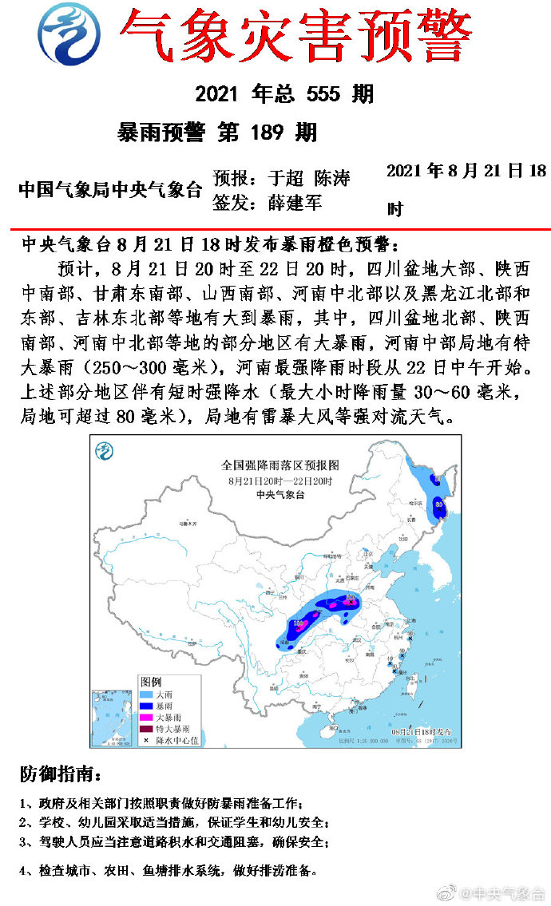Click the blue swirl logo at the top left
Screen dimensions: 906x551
coord(69,34)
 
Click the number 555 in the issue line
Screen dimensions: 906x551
coord(327,94)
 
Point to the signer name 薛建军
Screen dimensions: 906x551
coord(295,203)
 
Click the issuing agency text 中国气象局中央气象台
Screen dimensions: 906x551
coord(110,190)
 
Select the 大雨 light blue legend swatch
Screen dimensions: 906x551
coord(147,694)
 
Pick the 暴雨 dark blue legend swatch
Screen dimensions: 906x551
coord(147,706)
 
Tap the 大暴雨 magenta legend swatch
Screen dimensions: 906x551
coord(147,718)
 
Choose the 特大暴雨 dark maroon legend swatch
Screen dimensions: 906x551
coord(147,729)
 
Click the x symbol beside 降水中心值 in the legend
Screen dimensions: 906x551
coord(147,740)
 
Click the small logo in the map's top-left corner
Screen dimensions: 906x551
coord(105,451)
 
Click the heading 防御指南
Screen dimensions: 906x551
coord(61,773)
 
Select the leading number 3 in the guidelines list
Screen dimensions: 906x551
coord(24,842)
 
